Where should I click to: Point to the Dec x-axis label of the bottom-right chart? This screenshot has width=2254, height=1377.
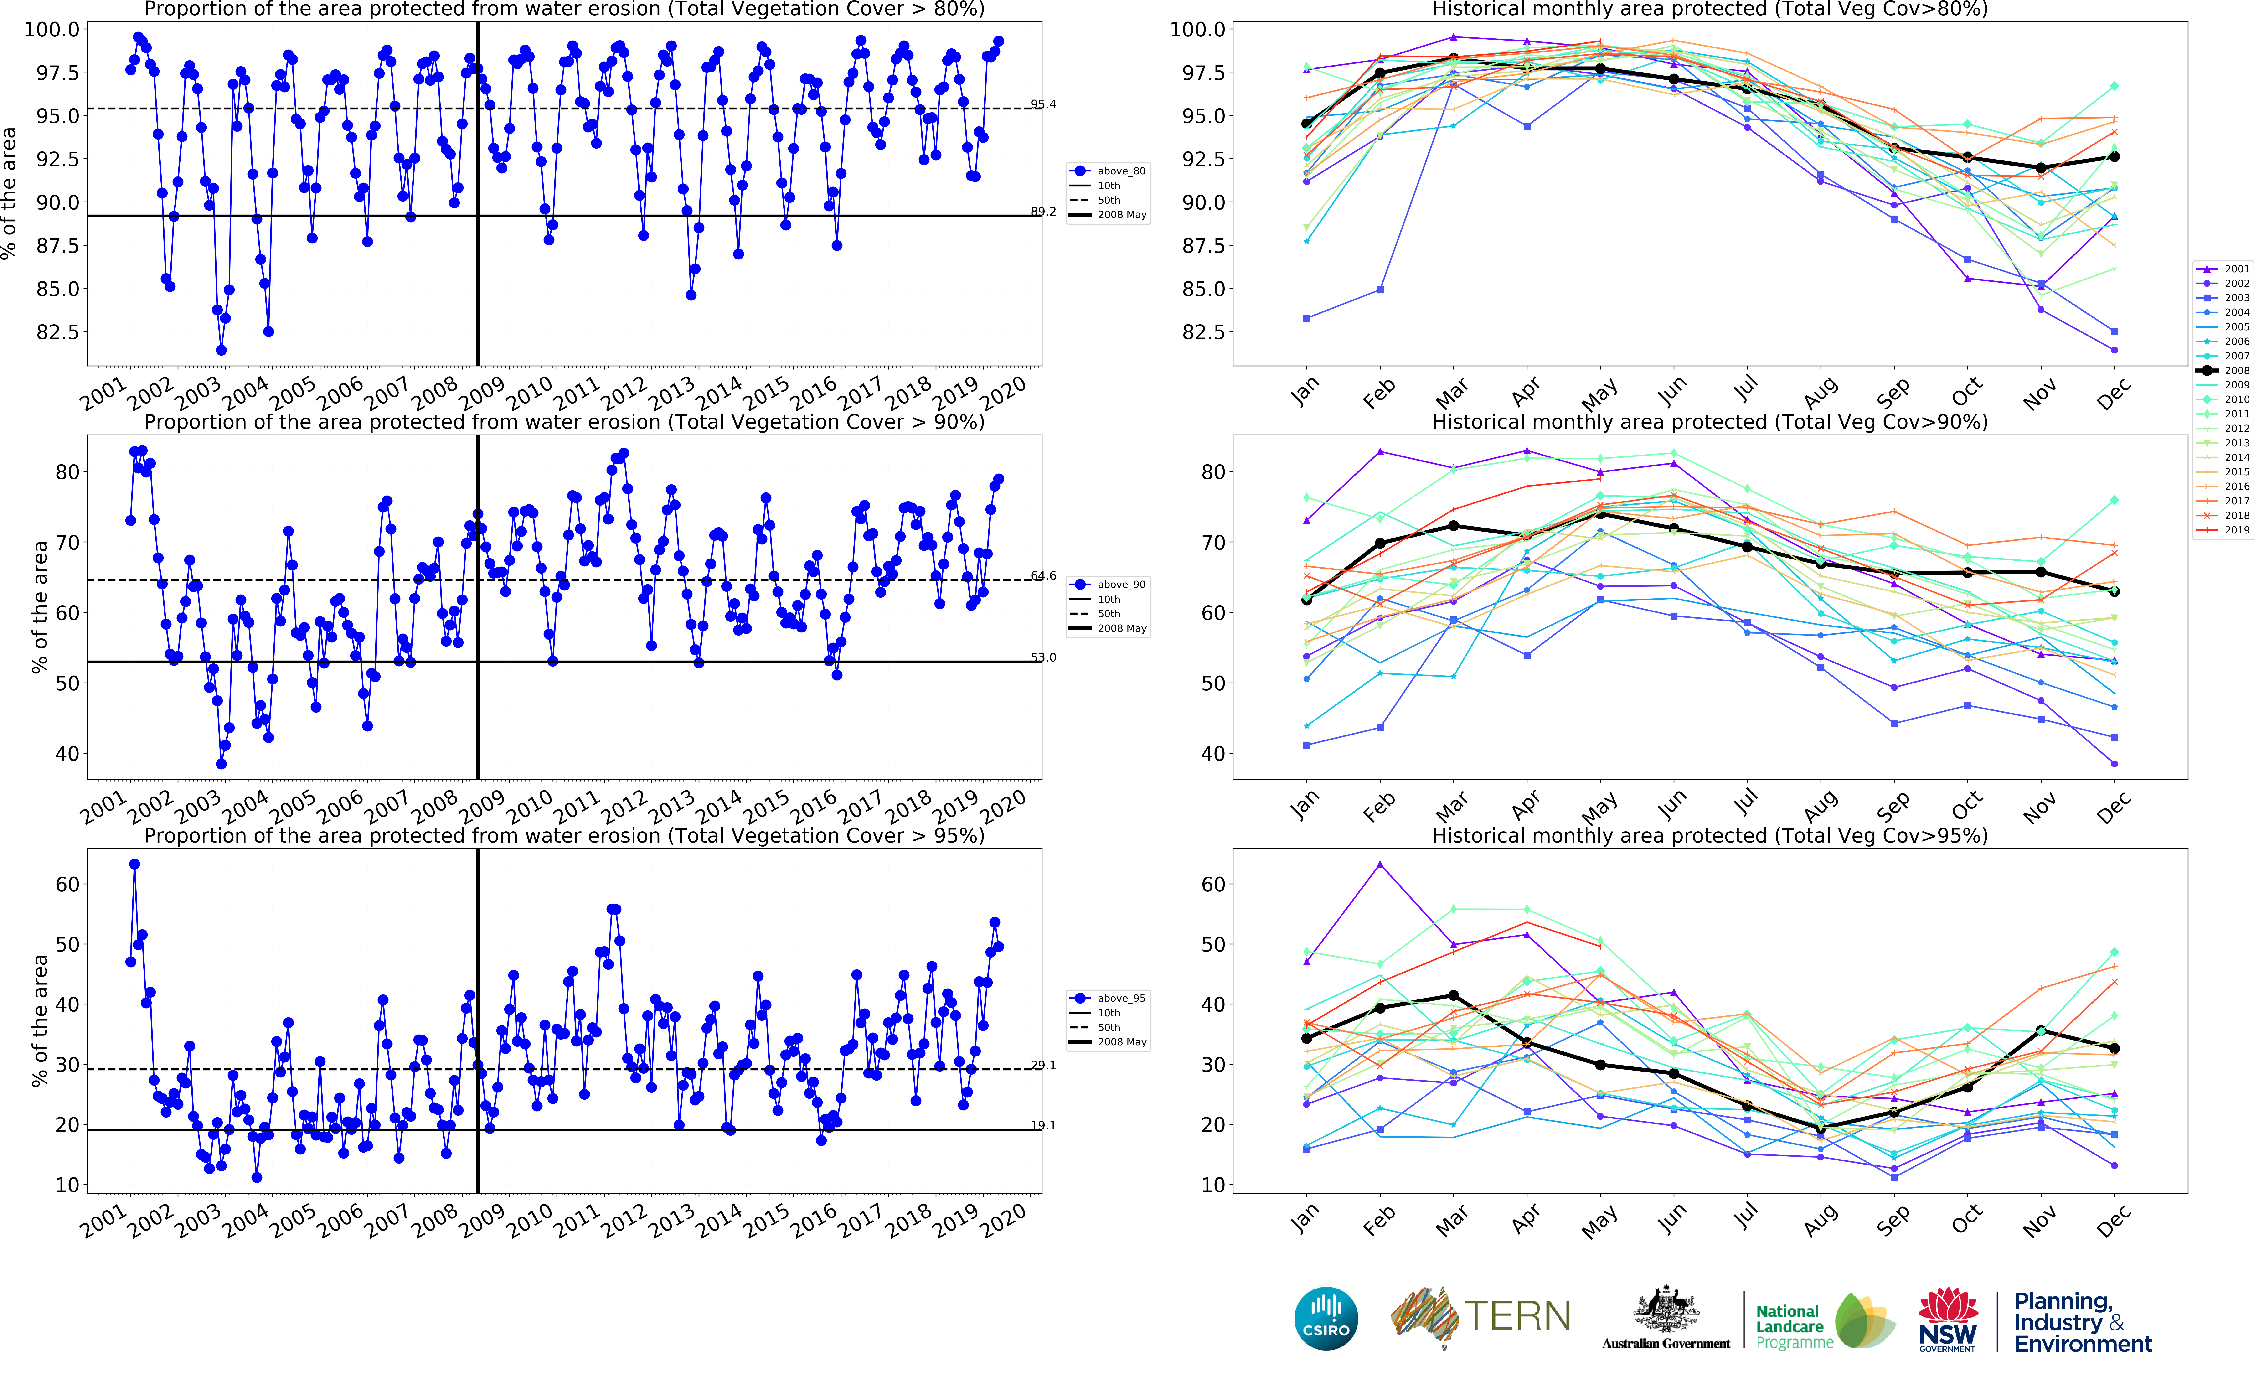point(2113,1222)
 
